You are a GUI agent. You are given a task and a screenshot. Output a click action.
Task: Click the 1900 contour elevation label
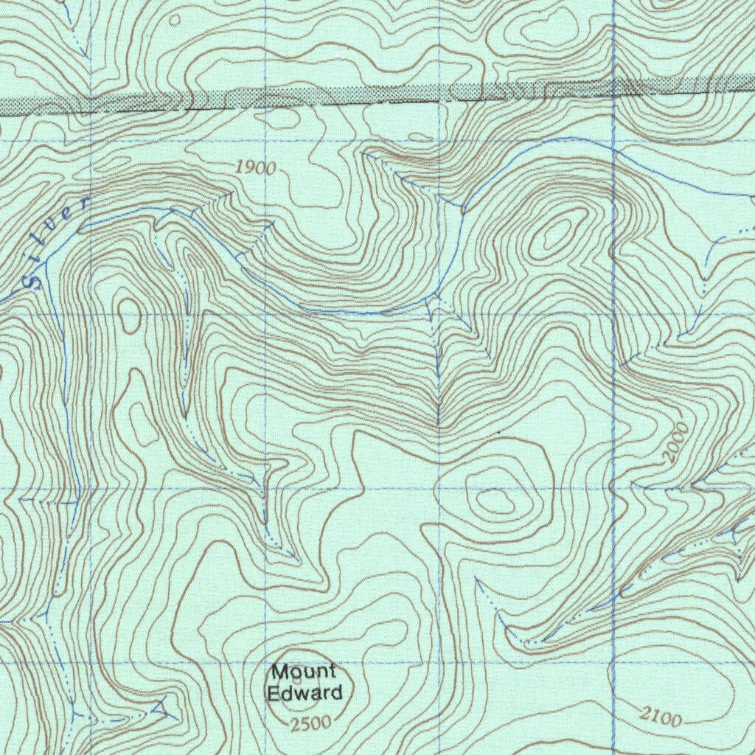point(256,168)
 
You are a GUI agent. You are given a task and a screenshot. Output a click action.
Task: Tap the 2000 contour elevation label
point(676,442)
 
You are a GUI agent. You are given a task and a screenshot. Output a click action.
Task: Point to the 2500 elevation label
point(310,723)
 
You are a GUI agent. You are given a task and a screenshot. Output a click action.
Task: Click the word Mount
point(304,672)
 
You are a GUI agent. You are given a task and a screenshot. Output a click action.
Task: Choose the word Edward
point(305,693)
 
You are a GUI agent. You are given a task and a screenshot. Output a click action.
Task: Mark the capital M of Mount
point(279,672)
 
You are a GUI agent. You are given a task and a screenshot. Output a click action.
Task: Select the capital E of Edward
point(273,693)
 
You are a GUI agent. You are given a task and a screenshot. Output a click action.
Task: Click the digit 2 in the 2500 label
point(295,723)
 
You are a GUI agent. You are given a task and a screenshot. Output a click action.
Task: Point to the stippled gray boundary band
point(369,96)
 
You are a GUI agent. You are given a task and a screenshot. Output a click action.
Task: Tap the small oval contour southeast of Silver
point(131,315)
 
